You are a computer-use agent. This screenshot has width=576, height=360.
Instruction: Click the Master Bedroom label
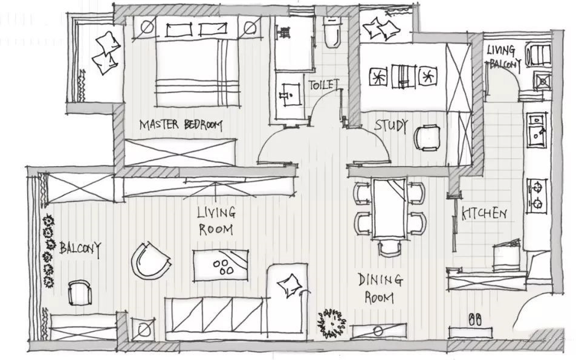click(x=181, y=125)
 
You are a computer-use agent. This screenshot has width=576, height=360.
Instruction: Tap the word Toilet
click(x=323, y=85)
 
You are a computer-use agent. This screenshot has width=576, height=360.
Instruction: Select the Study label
click(x=391, y=126)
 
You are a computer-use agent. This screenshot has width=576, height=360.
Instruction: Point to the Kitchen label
click(x=484, y=213)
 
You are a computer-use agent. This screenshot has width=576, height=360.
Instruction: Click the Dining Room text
click(x=380, y=289)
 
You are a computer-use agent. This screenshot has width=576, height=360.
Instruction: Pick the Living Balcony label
click(x=503, y=57)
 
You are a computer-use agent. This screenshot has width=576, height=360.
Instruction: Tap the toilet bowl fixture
click(x=333, y=33)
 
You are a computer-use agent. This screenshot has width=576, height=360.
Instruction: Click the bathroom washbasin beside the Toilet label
click(x=290, y=95)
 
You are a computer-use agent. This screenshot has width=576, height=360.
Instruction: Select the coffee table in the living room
click(x=221, y=265)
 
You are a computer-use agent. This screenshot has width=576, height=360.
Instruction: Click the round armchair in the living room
click(x=150, y=260)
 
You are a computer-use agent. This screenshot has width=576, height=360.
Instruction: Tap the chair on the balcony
click(x=80, y=292)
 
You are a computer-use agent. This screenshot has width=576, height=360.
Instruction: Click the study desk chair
click(x=427, y=138)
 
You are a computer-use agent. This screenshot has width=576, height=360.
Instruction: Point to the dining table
click(x=390, y=208)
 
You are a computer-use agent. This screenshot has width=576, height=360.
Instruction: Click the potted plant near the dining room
click(x=332, y=323)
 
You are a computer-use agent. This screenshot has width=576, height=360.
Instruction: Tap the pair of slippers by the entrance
click(x=475, y=319)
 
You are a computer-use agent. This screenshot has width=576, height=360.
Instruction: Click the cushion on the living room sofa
click(x=290, y=285)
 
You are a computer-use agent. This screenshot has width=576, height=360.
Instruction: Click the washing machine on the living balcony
click(x=539, y=55)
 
